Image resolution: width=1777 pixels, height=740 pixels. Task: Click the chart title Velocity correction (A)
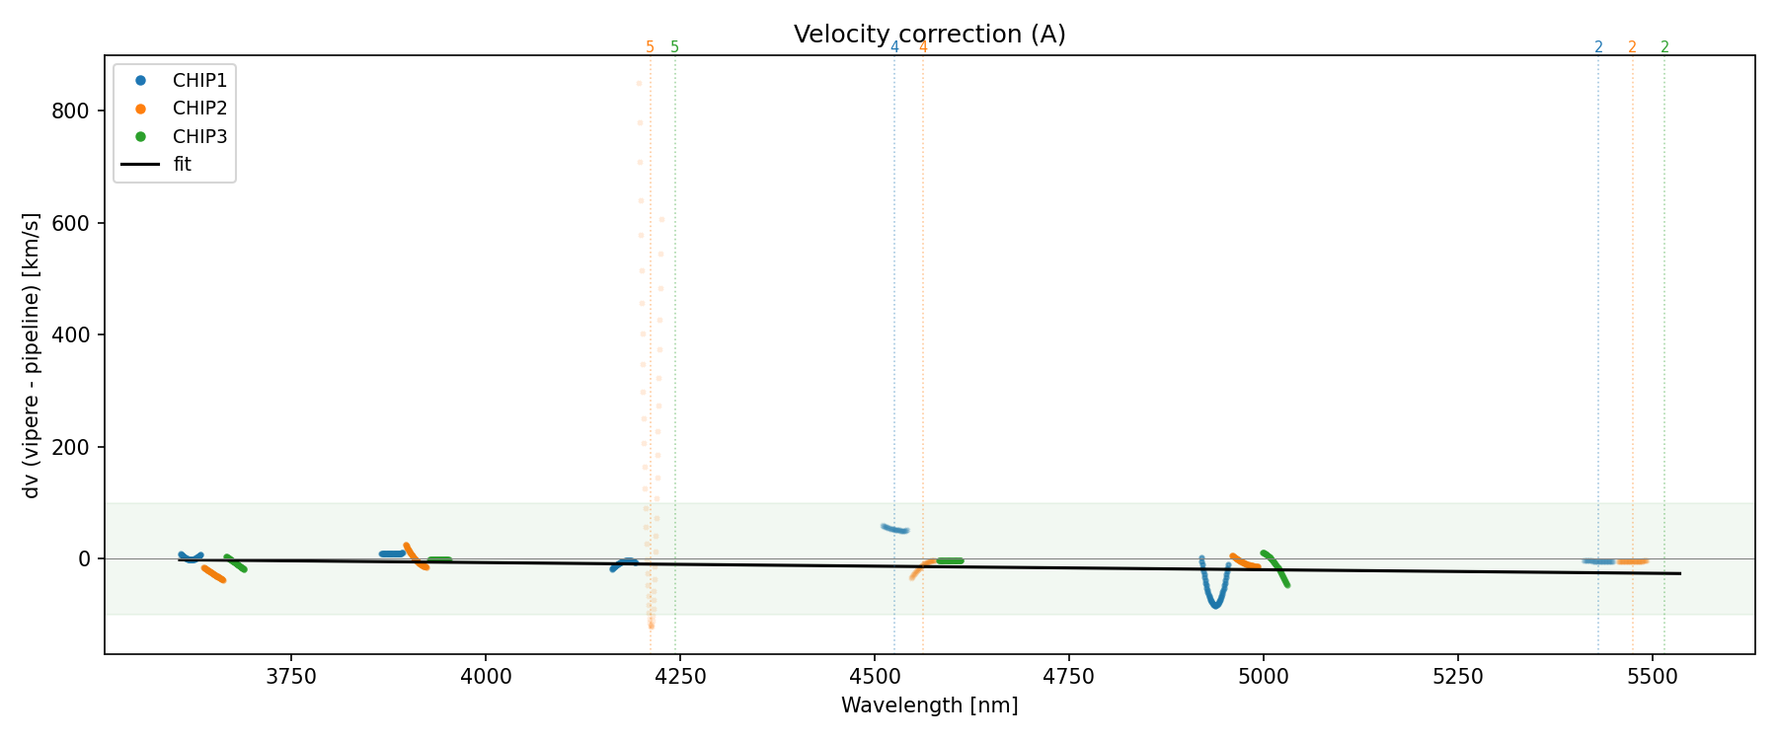929,35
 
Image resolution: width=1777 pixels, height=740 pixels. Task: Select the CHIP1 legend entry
198,81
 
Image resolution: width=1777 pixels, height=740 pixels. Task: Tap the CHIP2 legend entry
198,109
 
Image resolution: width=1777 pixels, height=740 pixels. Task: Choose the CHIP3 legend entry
198,137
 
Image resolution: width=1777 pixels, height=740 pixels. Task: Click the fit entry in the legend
182,165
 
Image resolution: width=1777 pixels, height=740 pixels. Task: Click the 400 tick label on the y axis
70,335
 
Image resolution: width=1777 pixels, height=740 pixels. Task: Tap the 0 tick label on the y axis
84,559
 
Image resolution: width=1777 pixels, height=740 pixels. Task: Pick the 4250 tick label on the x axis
680,677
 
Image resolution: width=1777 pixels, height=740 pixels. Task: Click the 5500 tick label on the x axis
1652,677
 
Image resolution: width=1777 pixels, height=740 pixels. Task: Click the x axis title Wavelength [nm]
929,705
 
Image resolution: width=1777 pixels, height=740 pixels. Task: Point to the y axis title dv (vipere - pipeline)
32,355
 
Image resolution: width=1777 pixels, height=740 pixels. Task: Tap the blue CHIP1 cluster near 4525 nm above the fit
894,529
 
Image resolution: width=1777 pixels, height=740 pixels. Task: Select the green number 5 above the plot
675,47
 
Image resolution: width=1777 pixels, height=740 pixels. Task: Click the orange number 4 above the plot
923,47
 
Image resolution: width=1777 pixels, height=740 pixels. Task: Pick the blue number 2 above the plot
1598,47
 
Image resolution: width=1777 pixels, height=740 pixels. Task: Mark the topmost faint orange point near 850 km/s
639,83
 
